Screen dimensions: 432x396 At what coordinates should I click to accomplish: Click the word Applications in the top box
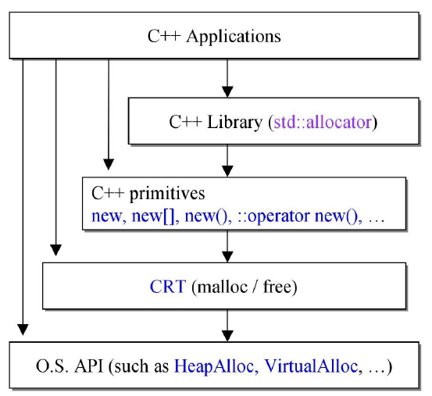click(234, 37)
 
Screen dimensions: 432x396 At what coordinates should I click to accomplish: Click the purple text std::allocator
click(323, 122)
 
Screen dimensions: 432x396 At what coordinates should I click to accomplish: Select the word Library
click(234, 123)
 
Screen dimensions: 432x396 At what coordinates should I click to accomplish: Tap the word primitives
click(167, 194)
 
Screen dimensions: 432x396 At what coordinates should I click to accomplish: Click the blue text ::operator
click(273, 216)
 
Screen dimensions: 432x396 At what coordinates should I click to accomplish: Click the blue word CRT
click(168, 287)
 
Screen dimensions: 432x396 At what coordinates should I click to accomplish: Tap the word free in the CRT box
click(277, 287)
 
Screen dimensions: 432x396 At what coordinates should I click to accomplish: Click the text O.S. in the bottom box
click(52, 366)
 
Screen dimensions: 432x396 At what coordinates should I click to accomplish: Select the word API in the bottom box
click(89, 366)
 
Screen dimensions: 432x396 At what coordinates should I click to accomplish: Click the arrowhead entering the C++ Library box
click(227, 91)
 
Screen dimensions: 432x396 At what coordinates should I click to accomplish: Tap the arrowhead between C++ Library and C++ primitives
click(227, 171)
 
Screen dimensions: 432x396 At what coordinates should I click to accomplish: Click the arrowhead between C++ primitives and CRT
click(227, 257)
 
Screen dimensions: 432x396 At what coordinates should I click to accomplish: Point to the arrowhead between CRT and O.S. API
click(227, 336)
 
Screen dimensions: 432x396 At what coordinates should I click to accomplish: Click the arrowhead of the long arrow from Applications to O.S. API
click(23, 330)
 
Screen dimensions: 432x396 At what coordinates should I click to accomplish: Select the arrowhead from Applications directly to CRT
click(56, 250)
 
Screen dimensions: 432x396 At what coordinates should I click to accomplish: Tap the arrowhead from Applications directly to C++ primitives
click(109, 164)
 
